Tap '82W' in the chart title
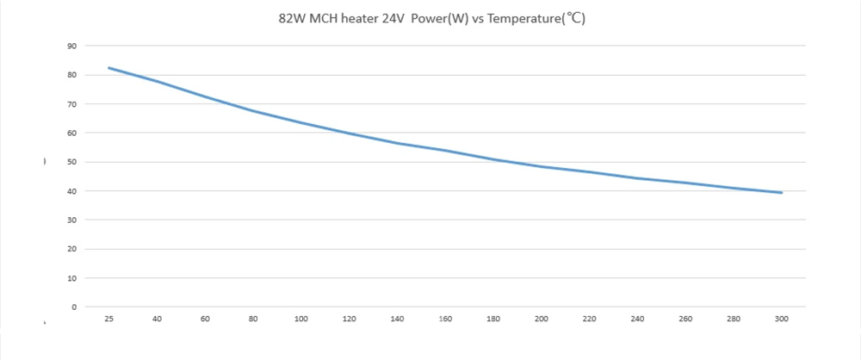290,19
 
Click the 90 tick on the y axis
72,47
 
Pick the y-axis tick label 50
72,162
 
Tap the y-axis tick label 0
74,307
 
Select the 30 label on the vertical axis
72,220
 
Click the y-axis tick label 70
72,104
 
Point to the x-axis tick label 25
108,319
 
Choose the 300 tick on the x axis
782,319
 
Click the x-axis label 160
445,319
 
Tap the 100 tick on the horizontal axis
300,319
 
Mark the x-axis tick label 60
205,319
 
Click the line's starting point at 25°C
108,67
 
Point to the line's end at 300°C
782,192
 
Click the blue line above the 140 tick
397,144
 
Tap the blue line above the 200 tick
542,166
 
